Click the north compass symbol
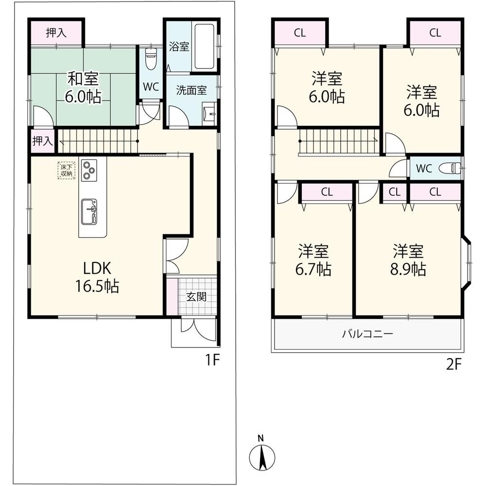click(x=262, y=456)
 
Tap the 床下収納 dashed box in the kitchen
click(x=66, y=171)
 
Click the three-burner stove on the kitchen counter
click(x=89, y=170)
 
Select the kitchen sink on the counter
click(x=89, y=212)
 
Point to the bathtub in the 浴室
click(x=204, y=47)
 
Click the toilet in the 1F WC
click(x=151, y=59)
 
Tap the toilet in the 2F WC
click(x=450, y=169)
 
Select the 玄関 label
click(x=196, y=297)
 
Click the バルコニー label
click(x=367, y=334)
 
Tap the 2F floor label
click(x=454, y=364)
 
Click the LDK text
click(x=97, y=268)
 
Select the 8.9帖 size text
click(x=408, y=269)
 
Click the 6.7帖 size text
click(x=313, y=269)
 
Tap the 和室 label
click(x=83, y=79)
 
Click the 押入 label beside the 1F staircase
click(x=43, y=141)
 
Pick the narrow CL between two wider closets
click(x=394, y=192)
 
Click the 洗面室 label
click(x=191, y=90)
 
